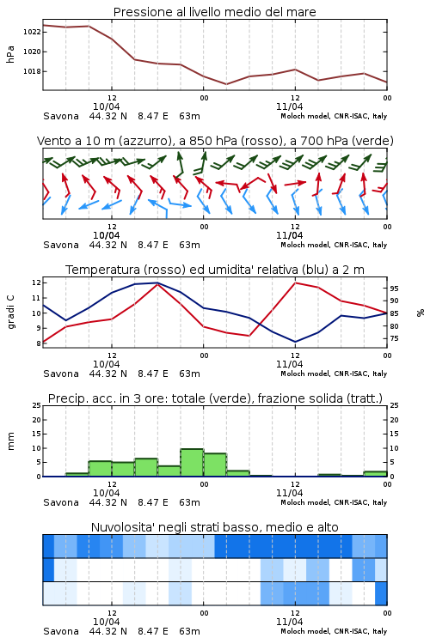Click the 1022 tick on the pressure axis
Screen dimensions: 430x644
pos(31,32)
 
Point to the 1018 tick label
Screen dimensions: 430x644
pos(31,71)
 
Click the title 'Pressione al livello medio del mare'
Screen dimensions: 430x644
pos(215,12)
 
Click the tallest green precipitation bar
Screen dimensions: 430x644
pos(192,463)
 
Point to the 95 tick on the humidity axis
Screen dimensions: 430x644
pos(394,289)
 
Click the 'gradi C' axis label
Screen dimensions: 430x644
pos(11,313)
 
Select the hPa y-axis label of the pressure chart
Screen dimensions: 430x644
pos(10,54)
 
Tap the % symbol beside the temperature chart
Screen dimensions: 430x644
pos(421,313)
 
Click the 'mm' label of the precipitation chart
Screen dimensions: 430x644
pos(11,441)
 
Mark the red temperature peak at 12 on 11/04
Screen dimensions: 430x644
pos(295,283)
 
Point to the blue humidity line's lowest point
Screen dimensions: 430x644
pos(295,342)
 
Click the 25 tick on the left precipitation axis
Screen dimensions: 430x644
pos(37,405)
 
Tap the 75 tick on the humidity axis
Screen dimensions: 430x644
pos(394,339)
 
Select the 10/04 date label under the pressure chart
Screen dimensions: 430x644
pos(107,106)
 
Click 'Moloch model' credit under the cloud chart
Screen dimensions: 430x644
pos(305,631)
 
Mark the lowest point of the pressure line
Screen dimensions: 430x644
pos(226,84)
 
